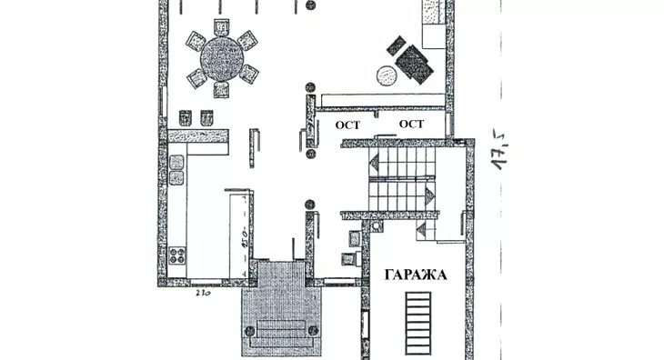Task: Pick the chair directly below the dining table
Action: (221, 90)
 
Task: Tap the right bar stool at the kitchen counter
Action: (206, 116)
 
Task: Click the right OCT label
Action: (412, 124)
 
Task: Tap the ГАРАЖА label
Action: (415, 275)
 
